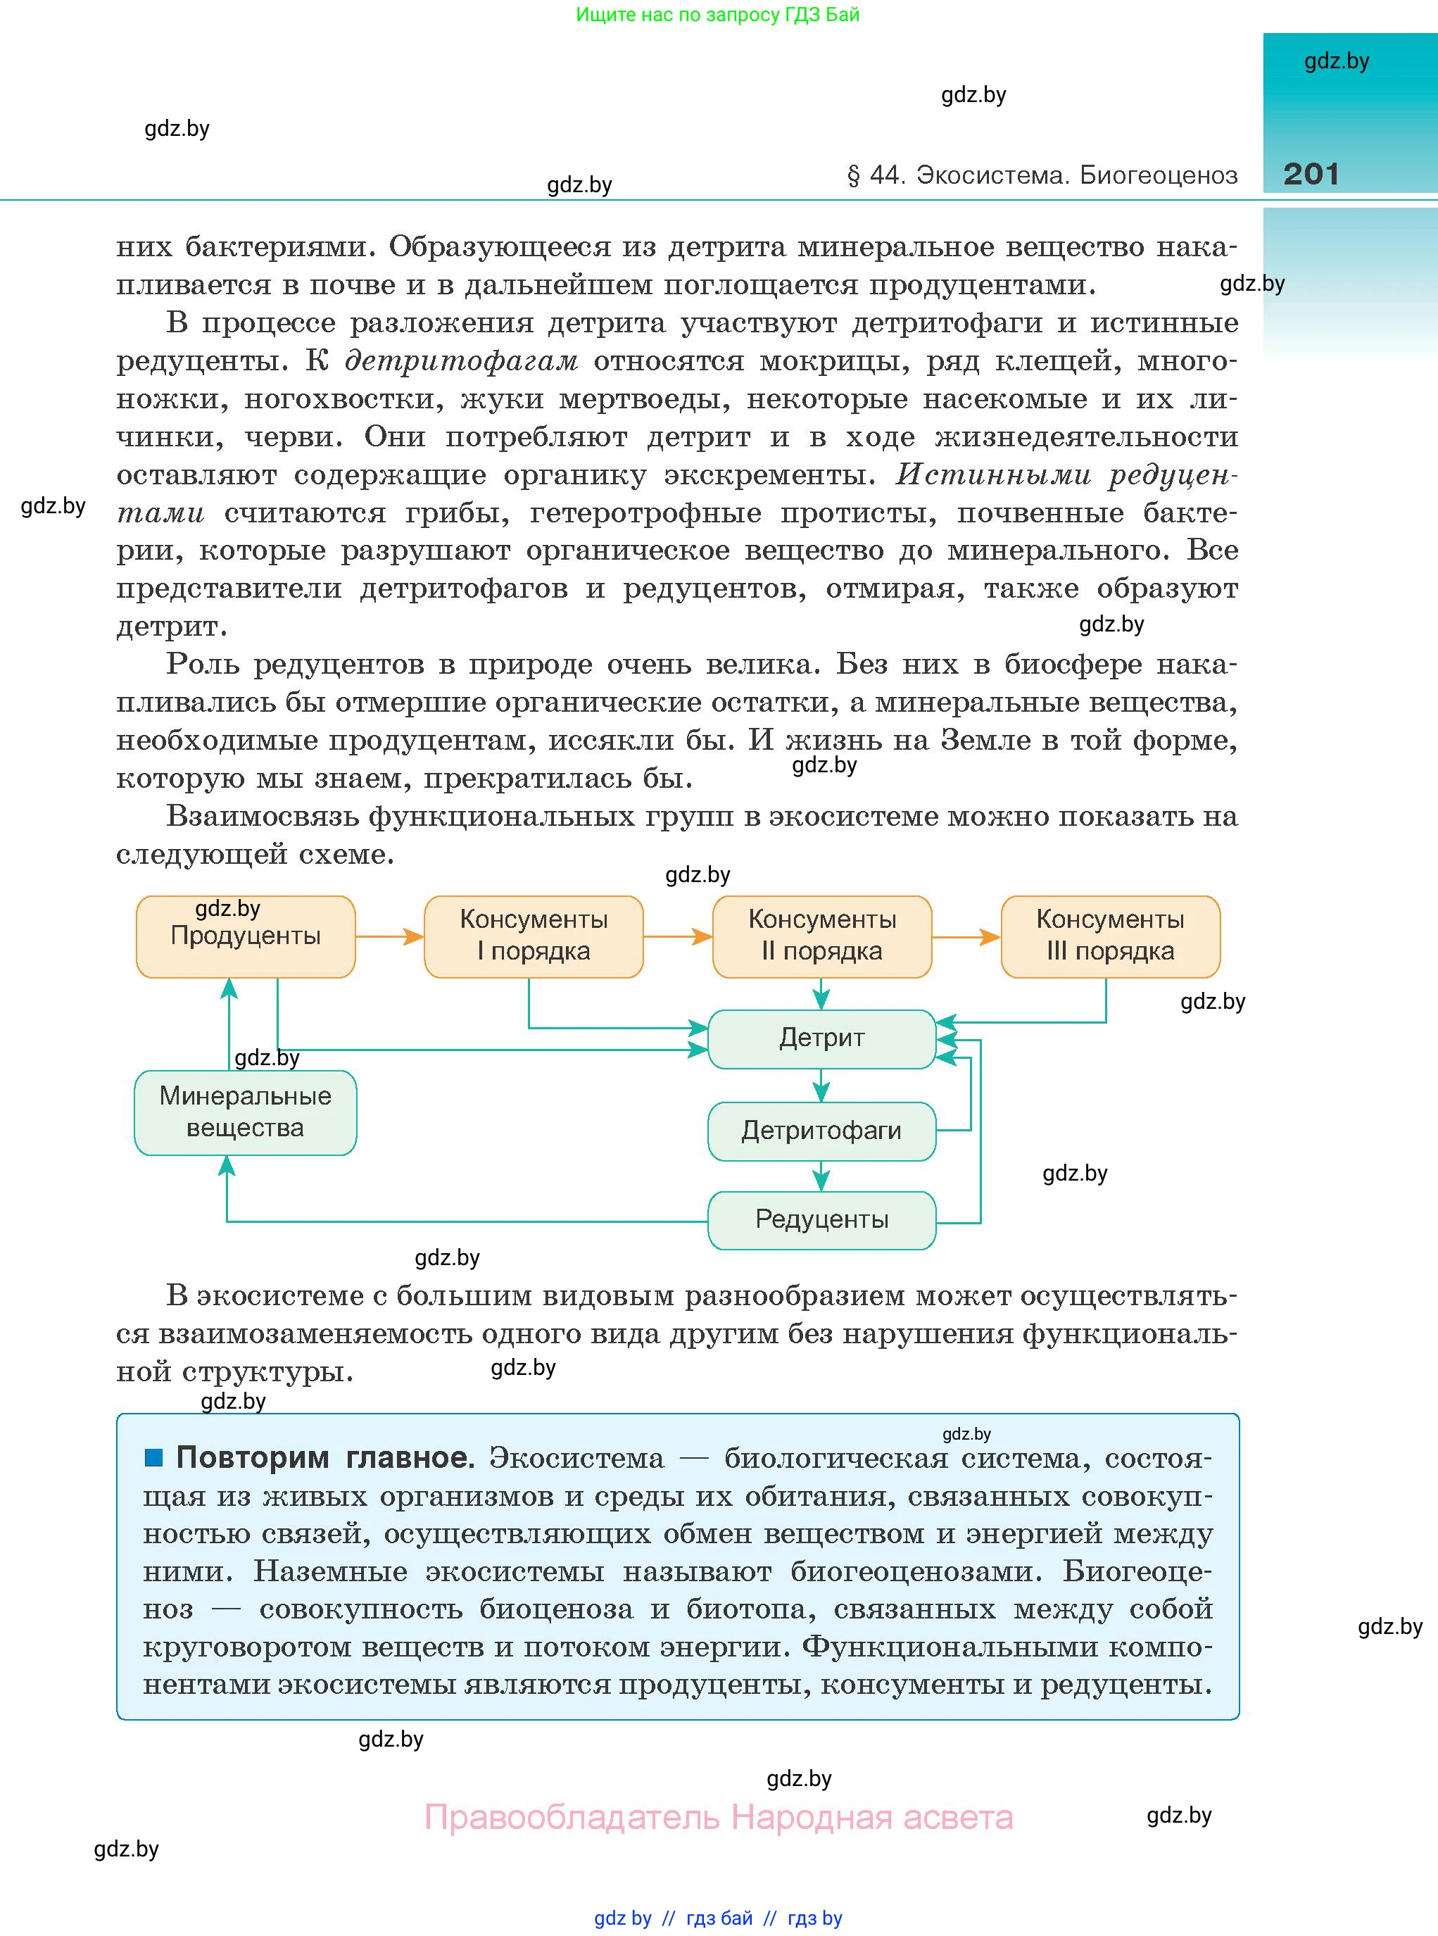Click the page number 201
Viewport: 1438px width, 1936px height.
click(1310, 173)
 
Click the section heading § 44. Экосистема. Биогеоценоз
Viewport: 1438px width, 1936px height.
click(1041, 175)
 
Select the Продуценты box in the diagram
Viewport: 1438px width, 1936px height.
click(246, 936)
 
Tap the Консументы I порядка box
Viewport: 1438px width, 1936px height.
click(534, 936)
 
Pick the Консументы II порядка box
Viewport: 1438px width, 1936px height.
click(821, 936)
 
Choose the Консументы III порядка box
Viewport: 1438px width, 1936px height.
click(1110, 936)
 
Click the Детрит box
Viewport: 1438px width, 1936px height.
click(821, 1038)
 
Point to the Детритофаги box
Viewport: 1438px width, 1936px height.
click(821, 1131)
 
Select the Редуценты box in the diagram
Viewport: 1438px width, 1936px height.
click(821, 1219)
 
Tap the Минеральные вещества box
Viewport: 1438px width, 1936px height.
click(246, 1112)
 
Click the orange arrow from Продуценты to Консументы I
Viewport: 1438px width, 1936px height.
click(389, 936)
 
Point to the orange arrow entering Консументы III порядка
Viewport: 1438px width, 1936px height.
click(966, 936)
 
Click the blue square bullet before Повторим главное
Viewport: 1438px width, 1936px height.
click(154, 1457)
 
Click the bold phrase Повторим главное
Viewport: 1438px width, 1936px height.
click(324, 1457)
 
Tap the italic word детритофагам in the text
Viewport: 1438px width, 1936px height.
click(461, 360)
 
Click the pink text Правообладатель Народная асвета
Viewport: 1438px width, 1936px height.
click(718, 1817)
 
